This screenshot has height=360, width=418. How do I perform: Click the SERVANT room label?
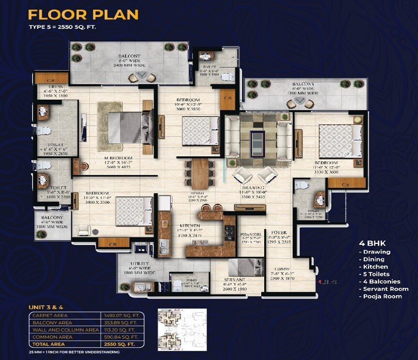click(x=235, y=280)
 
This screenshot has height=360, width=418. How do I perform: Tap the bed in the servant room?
click(x=245, y=268)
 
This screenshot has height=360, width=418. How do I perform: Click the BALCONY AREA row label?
click(x=52, y=322)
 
